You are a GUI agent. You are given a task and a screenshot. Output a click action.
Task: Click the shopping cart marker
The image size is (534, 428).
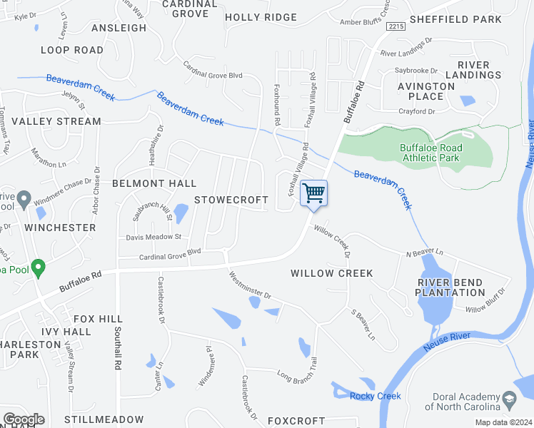[313, 193]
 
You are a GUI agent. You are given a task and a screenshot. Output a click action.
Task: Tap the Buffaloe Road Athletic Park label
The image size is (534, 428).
[430, 153]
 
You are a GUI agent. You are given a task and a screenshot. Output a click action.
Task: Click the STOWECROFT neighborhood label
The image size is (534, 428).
[231, 200]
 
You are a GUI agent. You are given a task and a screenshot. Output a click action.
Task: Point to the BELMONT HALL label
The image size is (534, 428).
[153, 183]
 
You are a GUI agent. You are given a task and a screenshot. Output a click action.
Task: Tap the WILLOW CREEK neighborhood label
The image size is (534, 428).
[332, 273]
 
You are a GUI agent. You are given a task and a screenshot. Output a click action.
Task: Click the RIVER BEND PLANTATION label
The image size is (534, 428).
[451, 287]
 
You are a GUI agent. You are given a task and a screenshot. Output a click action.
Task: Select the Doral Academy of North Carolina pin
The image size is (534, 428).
[509, 397]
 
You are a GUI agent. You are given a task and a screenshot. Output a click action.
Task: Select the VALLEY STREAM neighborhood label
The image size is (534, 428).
[56, 121]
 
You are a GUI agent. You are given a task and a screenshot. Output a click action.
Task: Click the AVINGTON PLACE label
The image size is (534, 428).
[430, 91]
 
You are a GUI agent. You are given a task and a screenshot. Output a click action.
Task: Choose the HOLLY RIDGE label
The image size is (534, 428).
[261, 17]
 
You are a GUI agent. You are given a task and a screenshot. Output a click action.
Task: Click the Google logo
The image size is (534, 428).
[24, 419]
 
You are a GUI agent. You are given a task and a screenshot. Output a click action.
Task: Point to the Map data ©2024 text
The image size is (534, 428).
[504, 422]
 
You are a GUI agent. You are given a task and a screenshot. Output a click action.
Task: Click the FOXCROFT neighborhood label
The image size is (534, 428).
[296, 421]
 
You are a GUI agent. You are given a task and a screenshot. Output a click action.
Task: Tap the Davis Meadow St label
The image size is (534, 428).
[154, 237]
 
